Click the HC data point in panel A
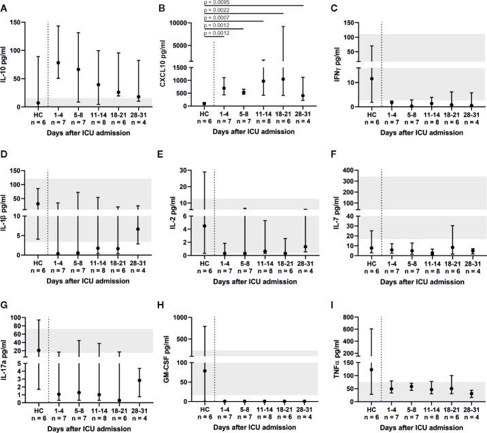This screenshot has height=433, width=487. (x=39, y=103)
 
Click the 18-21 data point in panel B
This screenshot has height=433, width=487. (x=283, y=79)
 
